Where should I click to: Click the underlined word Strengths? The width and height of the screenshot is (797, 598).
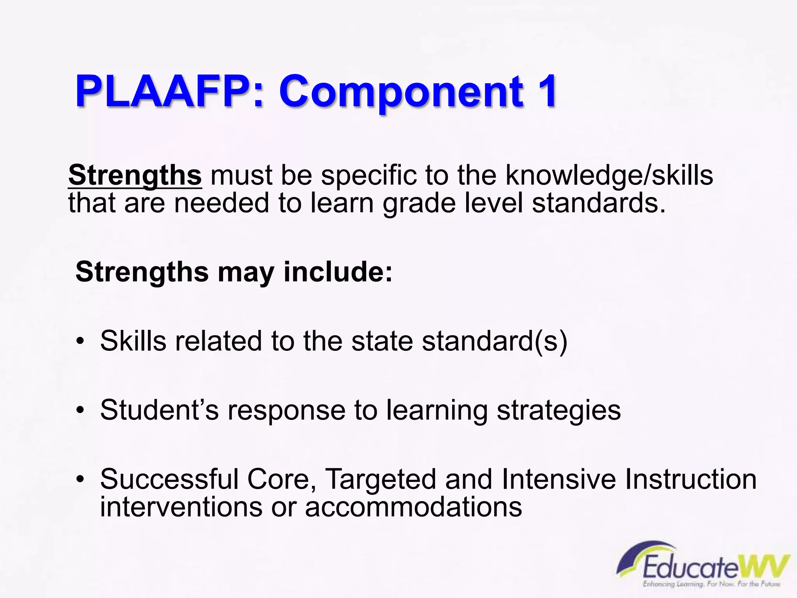coord(135,175)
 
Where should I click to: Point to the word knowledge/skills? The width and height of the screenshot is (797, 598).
coord(609,175)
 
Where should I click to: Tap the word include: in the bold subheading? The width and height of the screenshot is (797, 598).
coord(338,271)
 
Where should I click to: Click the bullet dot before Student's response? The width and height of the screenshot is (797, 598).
coord(80,410)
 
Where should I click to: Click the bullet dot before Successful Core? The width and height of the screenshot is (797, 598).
coord(80,479)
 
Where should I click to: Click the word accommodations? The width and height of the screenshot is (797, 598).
coord(413,507)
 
